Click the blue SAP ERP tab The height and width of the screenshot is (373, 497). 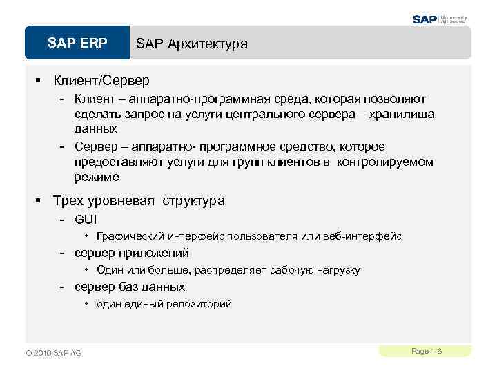click(x=77, y=44)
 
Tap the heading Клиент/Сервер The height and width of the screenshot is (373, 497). click(x=101, y=81)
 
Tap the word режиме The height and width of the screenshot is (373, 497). click(x=97, y=177)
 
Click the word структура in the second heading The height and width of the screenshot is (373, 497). click(x=194, y=201)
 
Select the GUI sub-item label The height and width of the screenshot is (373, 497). click(x=86, y=220)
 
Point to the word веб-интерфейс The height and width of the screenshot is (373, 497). click(x=366, y=236)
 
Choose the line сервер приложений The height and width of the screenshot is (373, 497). click(x=132, y=253)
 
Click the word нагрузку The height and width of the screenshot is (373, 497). click(x=336, y=270)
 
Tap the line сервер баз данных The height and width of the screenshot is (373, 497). click(x=130, y=287)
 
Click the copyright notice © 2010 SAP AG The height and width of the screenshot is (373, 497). click(x=53, y=353)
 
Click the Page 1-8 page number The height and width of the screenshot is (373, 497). click(x=426, y=352)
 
